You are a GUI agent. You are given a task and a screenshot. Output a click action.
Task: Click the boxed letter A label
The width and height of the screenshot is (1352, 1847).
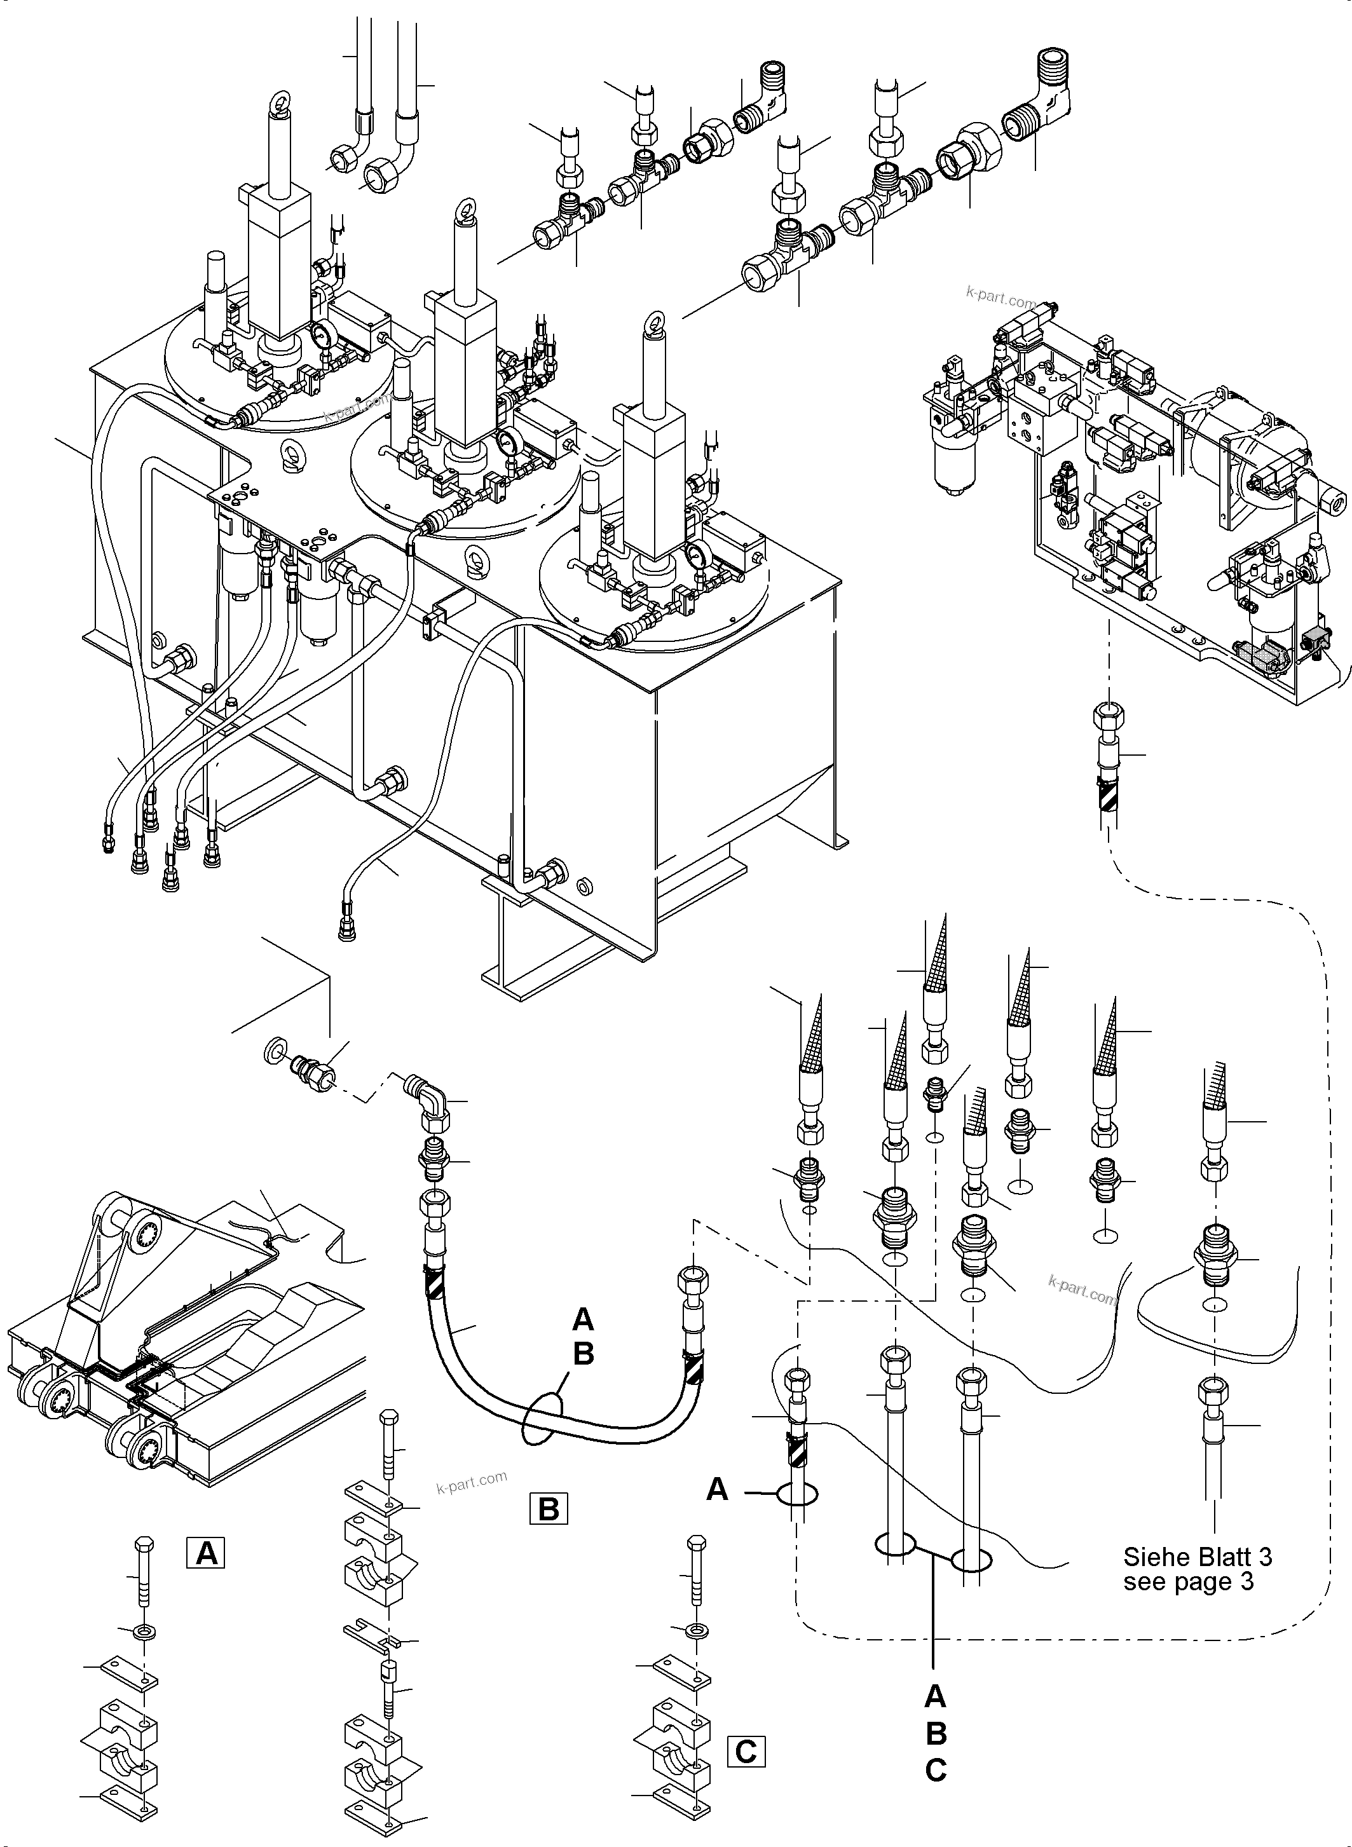pos(206,1551)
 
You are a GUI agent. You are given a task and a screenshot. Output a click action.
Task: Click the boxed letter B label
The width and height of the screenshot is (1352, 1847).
pos(549,1508)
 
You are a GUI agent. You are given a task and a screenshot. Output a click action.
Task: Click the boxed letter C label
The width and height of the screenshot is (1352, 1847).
pos(746,1752)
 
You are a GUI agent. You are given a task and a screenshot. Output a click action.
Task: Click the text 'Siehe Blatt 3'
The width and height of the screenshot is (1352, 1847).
pos(1198,1556)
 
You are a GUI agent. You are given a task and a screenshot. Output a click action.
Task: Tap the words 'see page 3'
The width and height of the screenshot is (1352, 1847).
pos(1187,1581)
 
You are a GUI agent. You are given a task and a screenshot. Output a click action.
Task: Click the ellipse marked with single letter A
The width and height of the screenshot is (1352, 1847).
pos(797,1495)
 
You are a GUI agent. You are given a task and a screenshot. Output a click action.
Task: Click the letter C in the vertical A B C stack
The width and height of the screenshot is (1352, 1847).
pos(936,1770)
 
